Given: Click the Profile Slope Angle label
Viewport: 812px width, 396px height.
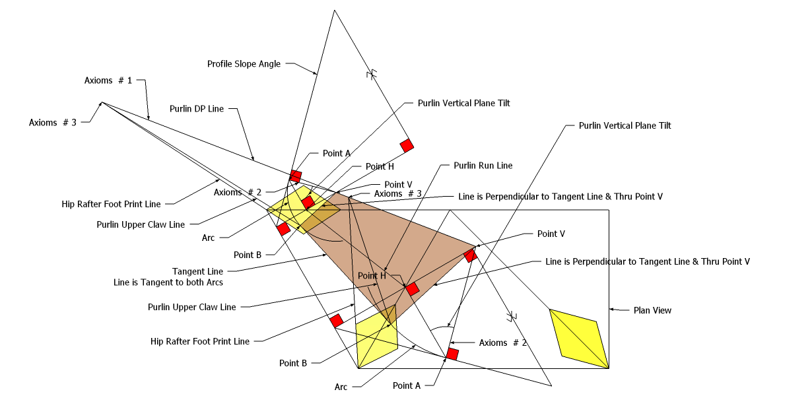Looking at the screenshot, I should pyautogui.click(x=244, y=64).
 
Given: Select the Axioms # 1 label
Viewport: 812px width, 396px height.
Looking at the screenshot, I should pyautogui.click(x=108, y=81).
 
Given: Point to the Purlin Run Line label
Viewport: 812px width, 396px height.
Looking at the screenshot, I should pyautogui.click(x=483, y=166).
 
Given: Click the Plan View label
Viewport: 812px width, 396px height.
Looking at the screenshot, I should pyautogui.click(x=652, y=310).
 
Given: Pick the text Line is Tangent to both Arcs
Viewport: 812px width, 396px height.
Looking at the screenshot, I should pyautogui.click(x=168, y=282).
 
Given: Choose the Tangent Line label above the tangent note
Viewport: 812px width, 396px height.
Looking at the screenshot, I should pyautogui.click(x=197, y=271).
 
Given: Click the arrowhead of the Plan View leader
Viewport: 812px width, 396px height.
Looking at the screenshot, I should pyautogui.click(x=611, y=309).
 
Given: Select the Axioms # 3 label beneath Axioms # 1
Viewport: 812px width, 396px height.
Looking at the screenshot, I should pyautogui.click(x=53, y=122).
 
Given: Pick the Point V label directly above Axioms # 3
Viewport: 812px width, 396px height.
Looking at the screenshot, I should pyautogui.click(x=398, y=185).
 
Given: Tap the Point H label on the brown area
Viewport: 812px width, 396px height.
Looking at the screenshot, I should pyautogui.click(x=372, y=275).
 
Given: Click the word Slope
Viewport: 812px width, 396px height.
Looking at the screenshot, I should pyautogui.click(x=247, y=64).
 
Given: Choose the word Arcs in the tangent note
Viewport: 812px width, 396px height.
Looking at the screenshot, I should pyautogui.click(x=213, y=282).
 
